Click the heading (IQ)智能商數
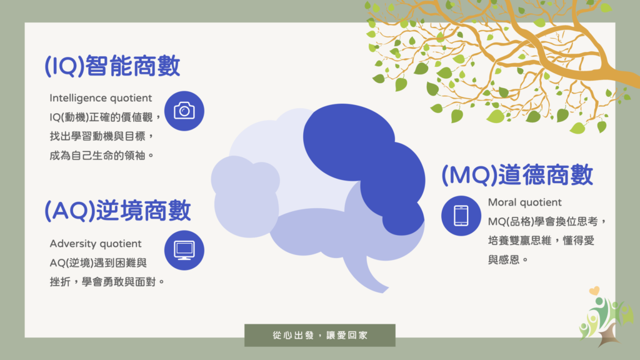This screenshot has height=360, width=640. click(x=112, y=66)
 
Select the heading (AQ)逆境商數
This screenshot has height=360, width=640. click(x=117, y=211)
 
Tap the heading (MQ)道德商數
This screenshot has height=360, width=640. click(x=517, y=175)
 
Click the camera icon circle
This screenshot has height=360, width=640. click(x=184, y=111)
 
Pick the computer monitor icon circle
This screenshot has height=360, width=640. click(x=184, y=250)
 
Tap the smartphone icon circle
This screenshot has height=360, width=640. click(x=461, y=216)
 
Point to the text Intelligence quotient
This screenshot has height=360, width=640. click(x=101, y=98)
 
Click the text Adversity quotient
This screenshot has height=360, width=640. click(x=96, y=244)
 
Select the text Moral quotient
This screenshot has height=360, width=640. click(x=525, y=202)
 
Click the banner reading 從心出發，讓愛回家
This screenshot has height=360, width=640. click(x=320, y=336)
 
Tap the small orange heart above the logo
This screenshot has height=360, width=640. click(x=594, y=291)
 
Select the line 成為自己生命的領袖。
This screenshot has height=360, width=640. click(x=102, y=156)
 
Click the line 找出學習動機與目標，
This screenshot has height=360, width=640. click(x=102, y=136)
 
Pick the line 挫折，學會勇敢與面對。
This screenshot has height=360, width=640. click(x=107, y=282)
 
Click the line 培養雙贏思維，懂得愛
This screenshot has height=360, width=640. click(x=541, y=241)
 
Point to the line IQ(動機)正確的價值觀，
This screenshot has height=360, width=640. click(x=105, y=117)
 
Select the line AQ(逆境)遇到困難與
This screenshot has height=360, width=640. click(x=98, y=263)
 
